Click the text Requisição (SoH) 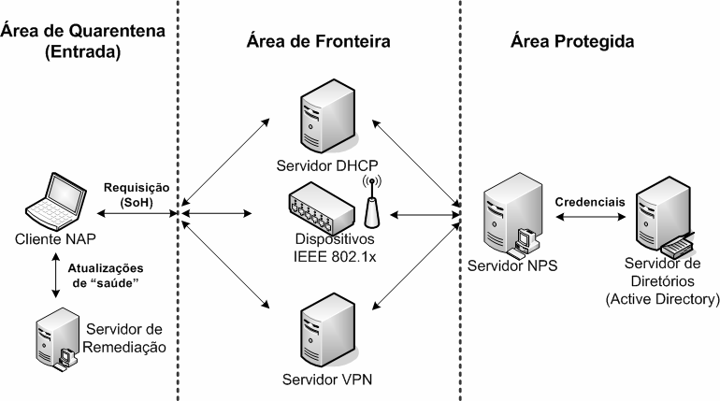click(x=135, y=193)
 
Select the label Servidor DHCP click(x=320, y=166)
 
